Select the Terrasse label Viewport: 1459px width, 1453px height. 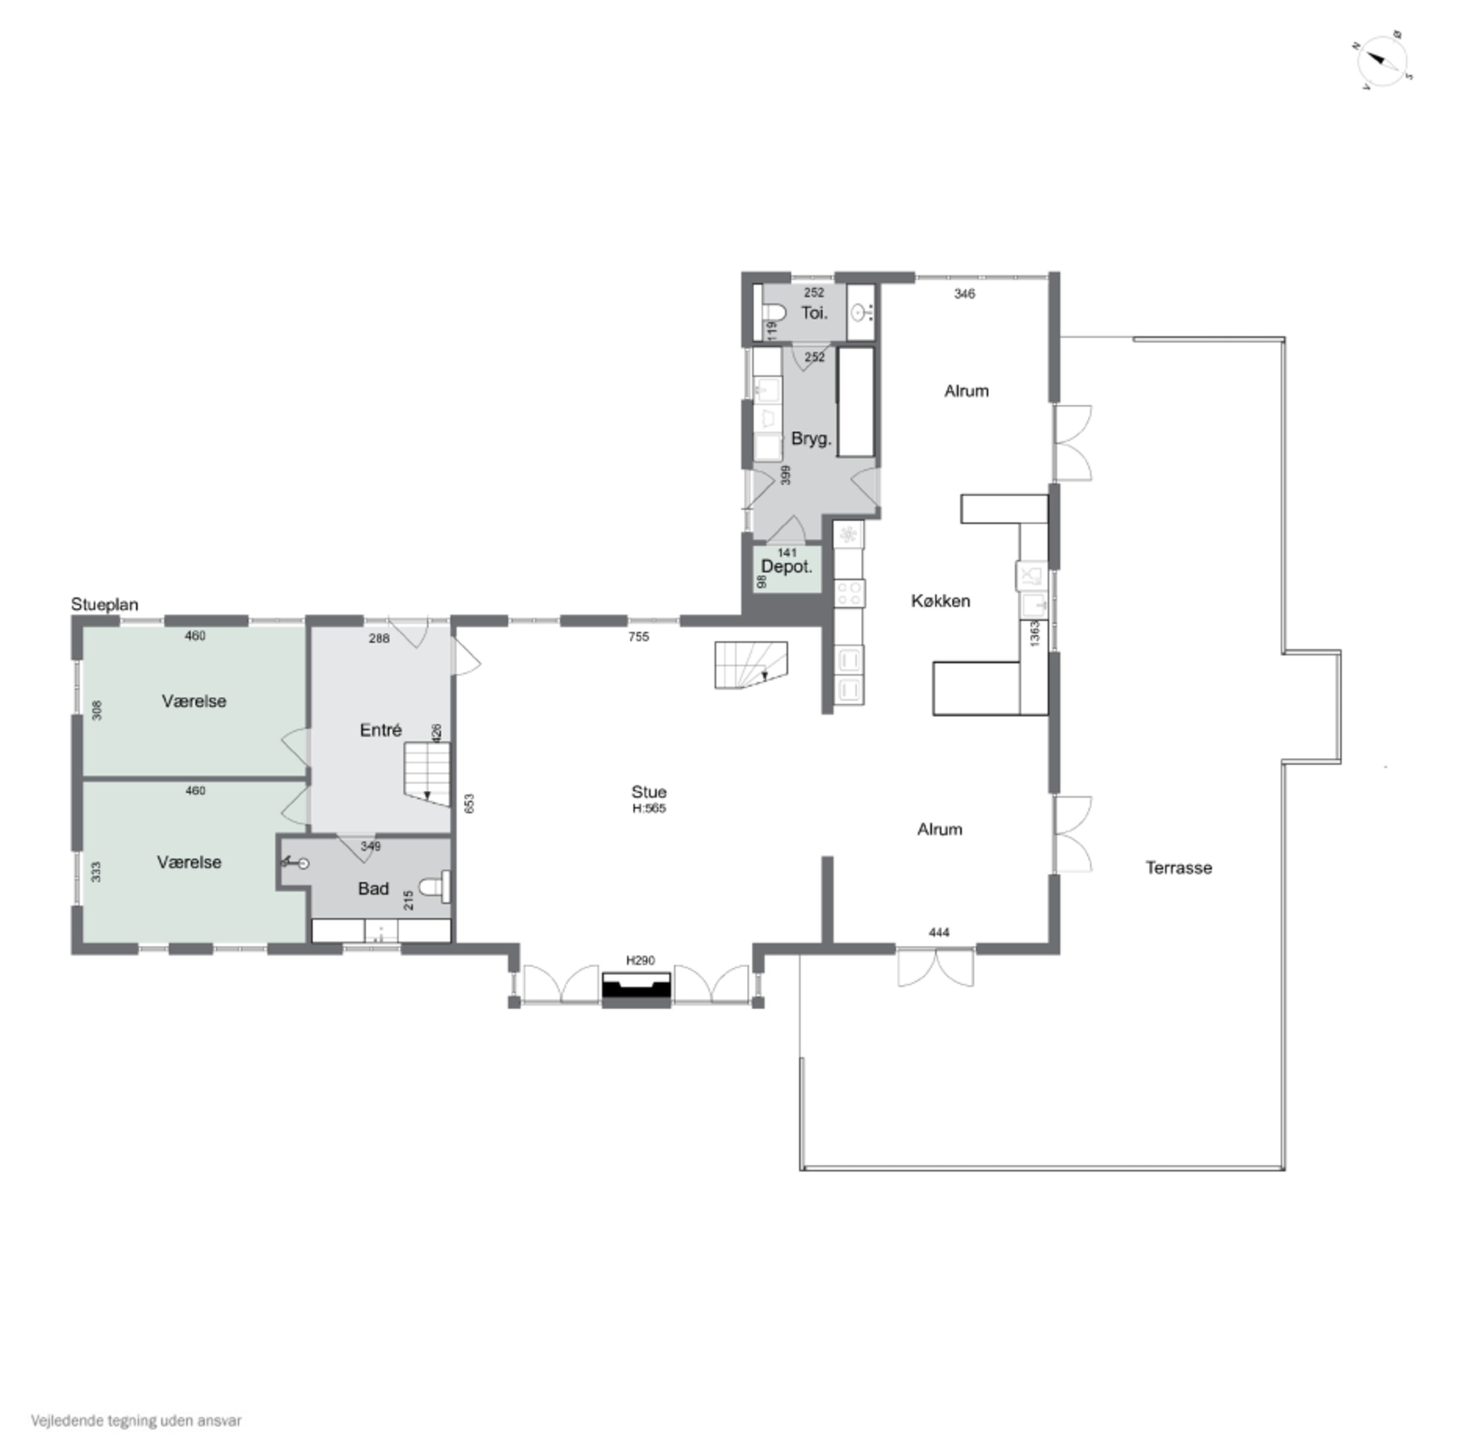click(x=1179, y=868)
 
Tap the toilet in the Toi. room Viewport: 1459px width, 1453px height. click(x=773, y=313)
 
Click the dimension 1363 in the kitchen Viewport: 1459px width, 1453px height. click(x=1034, y=633)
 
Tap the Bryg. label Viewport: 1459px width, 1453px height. click(x=812, y=439)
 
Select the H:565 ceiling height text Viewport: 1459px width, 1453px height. click(x=649, y=808)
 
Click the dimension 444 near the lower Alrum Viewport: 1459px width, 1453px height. click(x=939, y=933)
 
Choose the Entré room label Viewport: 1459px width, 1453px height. click(x=381, y=730)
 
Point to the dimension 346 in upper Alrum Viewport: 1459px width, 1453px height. click(x=964, y=294)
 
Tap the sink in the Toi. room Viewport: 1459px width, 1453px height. click(x=860, y=312)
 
